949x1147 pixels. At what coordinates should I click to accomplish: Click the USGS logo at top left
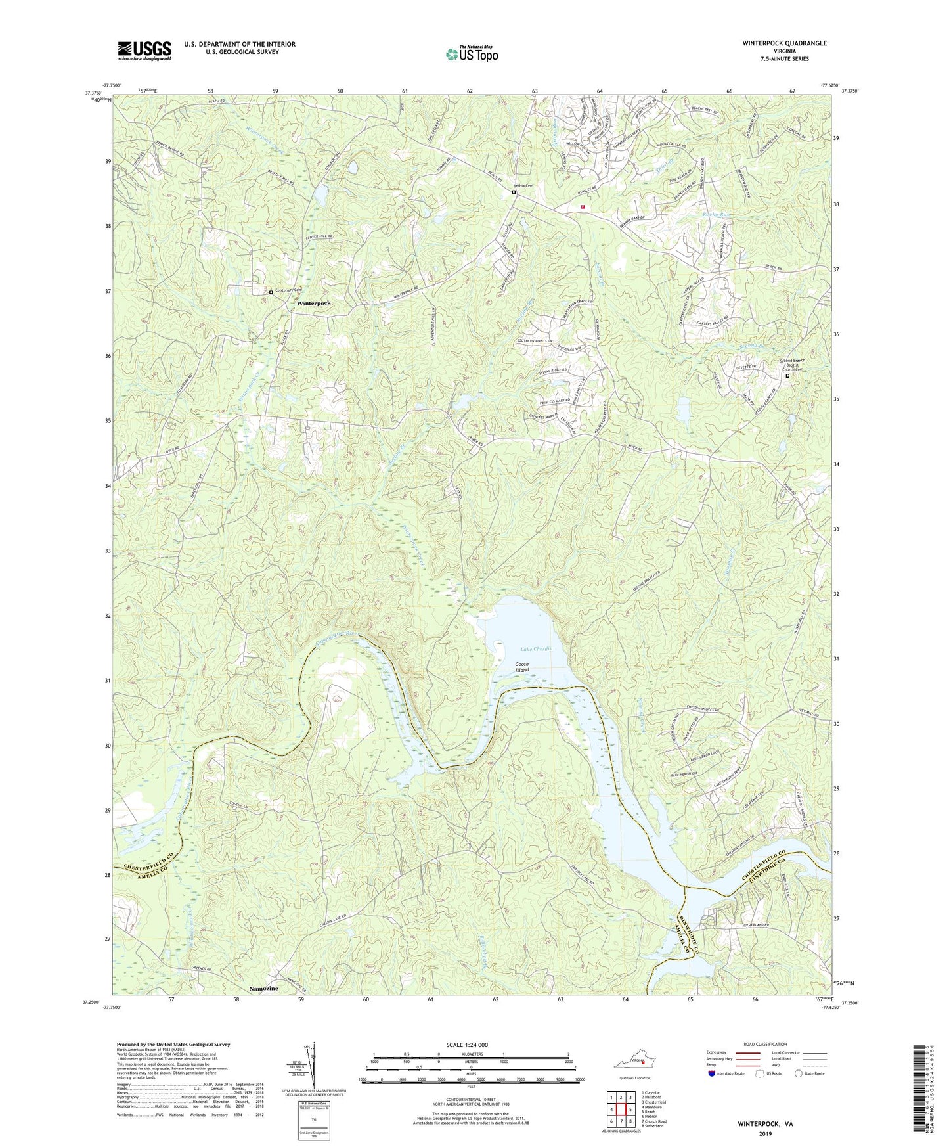tap(144, 51)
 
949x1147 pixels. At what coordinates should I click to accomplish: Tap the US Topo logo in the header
tap(471, 54)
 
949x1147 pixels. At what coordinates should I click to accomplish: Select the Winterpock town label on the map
tap(313, 304)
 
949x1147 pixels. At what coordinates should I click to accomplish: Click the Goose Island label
tap(521, 667)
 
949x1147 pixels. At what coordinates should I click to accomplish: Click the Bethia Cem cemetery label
tap(523, 185)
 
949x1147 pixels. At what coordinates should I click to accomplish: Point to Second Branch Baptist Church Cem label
tap(792, 365)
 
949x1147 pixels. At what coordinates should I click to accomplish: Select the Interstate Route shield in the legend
tap(713, 1073)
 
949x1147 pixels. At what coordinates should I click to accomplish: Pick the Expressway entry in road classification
tap(719, 1052)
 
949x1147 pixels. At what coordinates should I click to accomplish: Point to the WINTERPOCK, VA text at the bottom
tap(765, 1124)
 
